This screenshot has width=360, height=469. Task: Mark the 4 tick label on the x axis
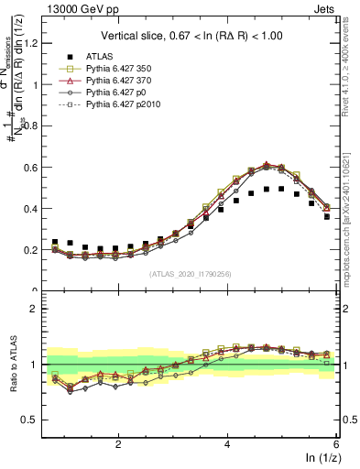pos(227,443)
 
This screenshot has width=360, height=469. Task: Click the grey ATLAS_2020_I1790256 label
pos(191,274)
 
